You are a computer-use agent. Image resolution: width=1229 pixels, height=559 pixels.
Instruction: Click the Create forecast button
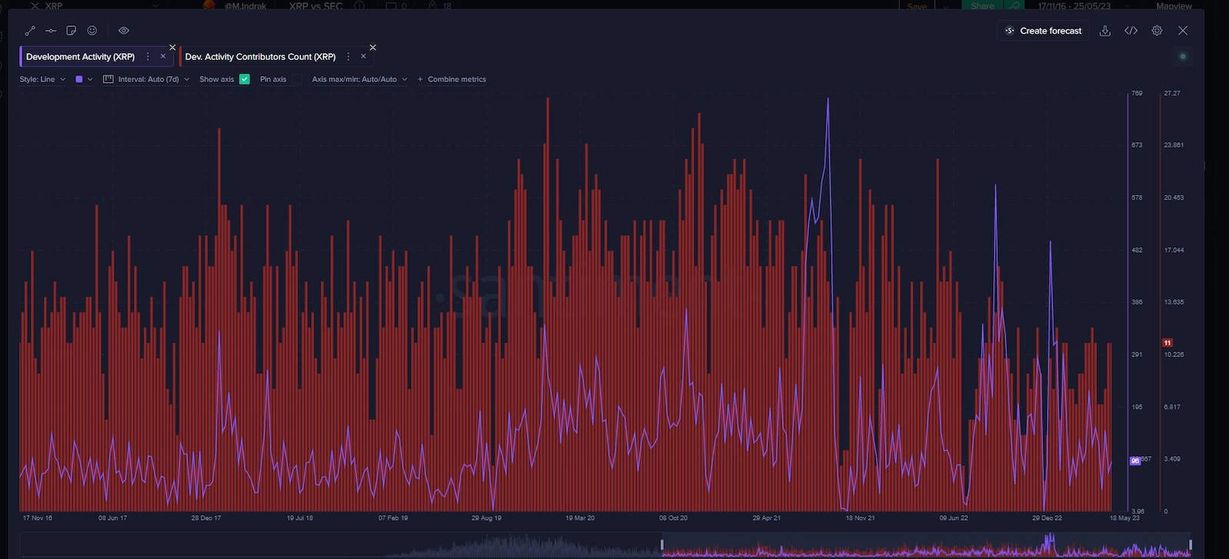[x=1043, y=31]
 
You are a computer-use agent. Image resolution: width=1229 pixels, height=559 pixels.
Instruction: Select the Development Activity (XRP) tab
[x=80, y=57]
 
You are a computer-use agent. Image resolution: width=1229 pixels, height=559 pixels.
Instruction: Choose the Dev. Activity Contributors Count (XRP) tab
[x=260, y=57]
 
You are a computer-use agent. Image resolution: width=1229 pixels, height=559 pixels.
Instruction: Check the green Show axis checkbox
[x=244, y=79]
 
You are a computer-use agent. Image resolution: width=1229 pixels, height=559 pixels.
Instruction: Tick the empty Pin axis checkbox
[x=296, y=79]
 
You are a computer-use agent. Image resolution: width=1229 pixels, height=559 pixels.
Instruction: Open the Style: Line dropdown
[x=42, y=79]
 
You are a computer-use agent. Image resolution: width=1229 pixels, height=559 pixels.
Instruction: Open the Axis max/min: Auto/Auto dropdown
[x=359, y=79]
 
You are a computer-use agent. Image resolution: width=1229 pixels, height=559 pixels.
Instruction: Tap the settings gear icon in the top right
[x=1157, y=31]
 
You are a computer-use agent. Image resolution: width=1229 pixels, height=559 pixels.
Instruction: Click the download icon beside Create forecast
[x=1105, y=31]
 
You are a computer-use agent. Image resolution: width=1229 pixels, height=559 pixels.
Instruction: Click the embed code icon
[x=1131, y=31]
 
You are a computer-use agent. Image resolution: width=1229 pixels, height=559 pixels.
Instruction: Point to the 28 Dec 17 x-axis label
[x=206, y=518]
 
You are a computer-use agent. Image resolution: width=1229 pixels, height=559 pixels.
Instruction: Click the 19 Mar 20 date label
[x=580, y=518]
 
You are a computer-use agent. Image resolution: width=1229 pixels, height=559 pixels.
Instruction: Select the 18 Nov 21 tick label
[x=860, y=518]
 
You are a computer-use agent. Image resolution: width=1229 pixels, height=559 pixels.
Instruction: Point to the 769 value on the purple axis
[x=1137, y=93]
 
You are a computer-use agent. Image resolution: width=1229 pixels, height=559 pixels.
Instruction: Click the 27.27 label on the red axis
[x=1171, y=93]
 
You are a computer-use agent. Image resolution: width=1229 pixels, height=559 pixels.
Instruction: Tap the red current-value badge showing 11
[x=1168, y=342]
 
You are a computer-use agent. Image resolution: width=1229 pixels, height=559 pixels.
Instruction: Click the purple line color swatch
[x=79, y=79]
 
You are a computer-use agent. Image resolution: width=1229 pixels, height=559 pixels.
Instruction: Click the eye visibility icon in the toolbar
[x=124, y=31]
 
